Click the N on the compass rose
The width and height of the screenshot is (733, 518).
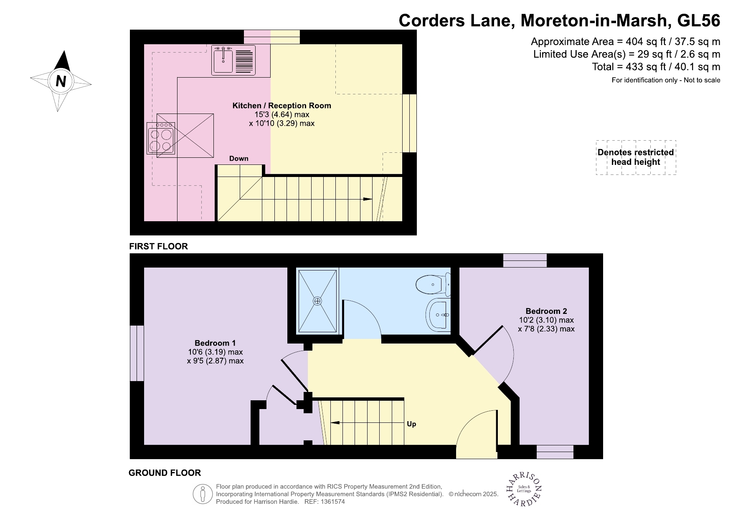tap(61, 81)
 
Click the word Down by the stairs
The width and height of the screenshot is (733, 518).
tap(238, 159)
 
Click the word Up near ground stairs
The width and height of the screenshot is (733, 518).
tap(411, 424)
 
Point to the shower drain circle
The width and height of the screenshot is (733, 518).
tap(317, 301)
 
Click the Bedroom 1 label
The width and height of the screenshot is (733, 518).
tap(215, 343)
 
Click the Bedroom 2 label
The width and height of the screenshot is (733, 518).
tap(546, 311)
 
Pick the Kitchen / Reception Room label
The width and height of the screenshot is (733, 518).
tap(282, 106)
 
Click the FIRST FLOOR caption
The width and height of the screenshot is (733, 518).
tap(158, 246)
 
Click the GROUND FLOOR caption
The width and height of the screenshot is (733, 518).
tap(165, 473)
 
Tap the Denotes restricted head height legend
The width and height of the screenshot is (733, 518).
tap(635, 157)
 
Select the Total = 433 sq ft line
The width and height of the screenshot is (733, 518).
tap(656, 67)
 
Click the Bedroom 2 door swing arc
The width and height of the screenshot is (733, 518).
tap(512, 355)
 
